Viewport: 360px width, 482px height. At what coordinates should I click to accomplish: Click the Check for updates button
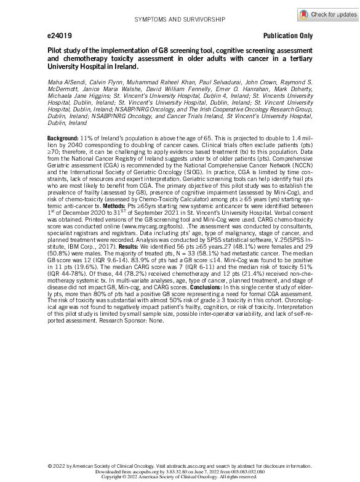click(x=327, y=14)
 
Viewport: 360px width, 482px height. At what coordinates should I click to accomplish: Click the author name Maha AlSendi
click(x=65, y=82)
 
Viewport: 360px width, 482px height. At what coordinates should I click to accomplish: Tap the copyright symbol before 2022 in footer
click(x=50, y=467)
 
